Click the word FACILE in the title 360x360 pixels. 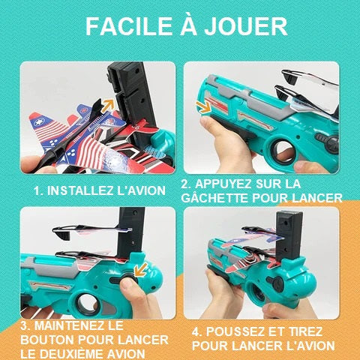click(129, 26)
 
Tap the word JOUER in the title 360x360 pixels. click(246, 26)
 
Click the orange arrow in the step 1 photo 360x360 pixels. click(109, 105)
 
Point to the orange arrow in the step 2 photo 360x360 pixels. click(203, 107)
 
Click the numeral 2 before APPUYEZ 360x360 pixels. click(185, 184)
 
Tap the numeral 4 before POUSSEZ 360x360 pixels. click(196, 332)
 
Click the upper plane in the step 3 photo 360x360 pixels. click(91, 230)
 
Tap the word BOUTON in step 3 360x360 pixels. click(47, 340)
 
